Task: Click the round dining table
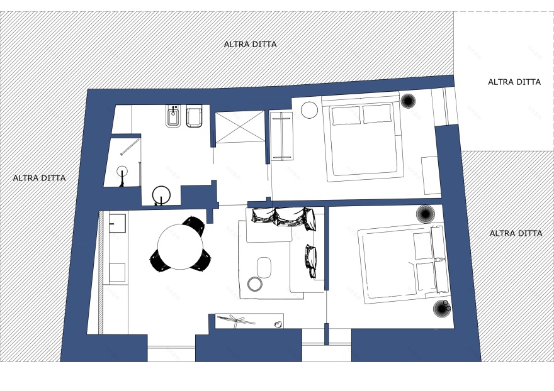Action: [180, 246]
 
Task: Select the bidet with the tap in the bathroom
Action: [172, 116]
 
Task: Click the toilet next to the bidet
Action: [195, 116]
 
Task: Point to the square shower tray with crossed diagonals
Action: [240, 127]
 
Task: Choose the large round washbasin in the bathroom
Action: [161, 194]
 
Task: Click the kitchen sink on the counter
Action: [117, 223]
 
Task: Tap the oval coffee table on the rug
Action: [264, 268]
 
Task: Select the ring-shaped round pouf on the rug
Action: [255, 284]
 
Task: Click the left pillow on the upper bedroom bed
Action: [346, 115]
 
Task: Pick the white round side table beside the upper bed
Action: [310, 110]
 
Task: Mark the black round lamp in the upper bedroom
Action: [408, 101]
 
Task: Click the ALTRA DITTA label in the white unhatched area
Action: [514, 82]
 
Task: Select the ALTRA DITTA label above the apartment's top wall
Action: [250, 44]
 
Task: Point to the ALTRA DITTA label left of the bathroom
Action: [39, 178]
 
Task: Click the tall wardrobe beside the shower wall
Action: [281, 136]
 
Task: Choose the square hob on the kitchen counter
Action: [117, 273]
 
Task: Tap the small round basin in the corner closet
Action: [122, 171]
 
